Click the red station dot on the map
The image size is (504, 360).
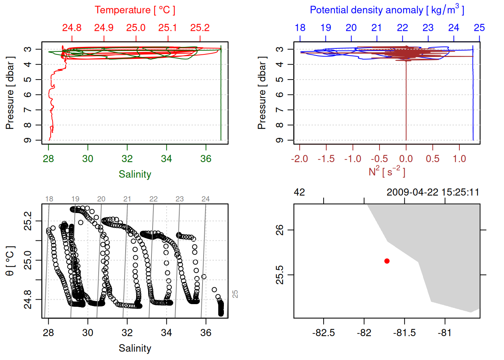click(387, 261)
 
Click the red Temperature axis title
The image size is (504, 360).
click(135, 10)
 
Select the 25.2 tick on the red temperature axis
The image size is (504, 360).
click(200, 28)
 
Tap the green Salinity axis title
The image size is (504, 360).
click(135, 174)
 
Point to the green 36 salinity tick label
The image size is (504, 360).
click(206, 159)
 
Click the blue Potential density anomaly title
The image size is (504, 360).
click(387, 10)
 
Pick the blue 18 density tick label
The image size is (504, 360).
click(300, 28)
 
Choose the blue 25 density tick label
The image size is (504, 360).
click(479, 28)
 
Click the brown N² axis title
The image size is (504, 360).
click(387, 171)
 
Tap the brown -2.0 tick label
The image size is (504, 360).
click(300, 159)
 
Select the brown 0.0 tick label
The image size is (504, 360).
click(406, 159)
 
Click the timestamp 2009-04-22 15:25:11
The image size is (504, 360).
click(433, 192)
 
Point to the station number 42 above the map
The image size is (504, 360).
click(299, 192)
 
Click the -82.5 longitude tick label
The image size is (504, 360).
click(324, 333)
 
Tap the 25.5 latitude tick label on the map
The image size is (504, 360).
click(280, 275)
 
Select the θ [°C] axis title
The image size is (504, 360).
click(10, 261)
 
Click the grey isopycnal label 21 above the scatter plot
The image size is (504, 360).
click(127, 199)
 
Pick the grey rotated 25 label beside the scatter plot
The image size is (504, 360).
click(235, 294)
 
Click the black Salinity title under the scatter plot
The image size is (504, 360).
click(135, 348)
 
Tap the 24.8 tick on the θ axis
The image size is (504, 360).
click(28, 299)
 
